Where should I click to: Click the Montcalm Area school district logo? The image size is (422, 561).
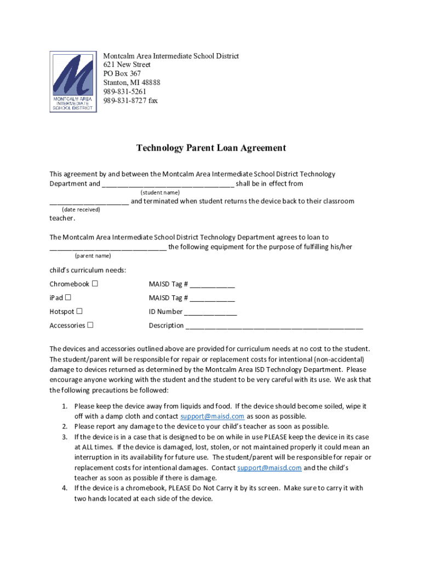[x=73, y=82]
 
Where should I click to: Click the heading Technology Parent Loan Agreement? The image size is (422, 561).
[x=211, y=148]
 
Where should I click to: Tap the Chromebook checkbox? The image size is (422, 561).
[x=95, y=284]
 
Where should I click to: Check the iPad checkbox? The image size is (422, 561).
[x=69, y=297]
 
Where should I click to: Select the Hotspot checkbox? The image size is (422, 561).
[x=79, y=311]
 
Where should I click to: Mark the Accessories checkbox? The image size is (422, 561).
[x=90, y=325]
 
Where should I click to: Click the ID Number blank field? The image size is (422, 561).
[x=210, y=312]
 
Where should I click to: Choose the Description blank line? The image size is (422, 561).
[x=274, y=326]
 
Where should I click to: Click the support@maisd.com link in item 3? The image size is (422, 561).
[x=269, y=468]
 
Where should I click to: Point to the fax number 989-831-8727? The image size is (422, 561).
[x=130, y=101]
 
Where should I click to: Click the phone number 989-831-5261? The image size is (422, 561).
[x=124, y=91]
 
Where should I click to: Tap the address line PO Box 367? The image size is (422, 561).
[x=122, y=73]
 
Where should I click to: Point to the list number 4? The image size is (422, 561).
[x=64, y=488]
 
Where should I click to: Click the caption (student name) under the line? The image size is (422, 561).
[x=160, y=193]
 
